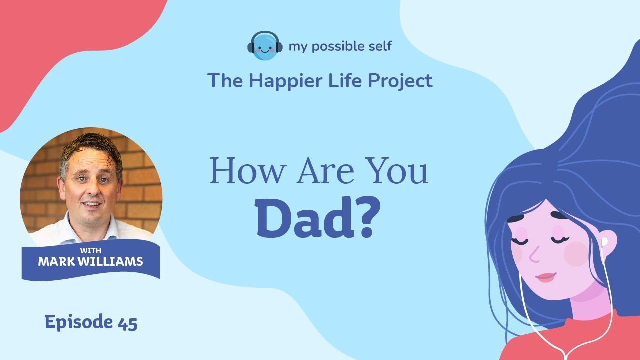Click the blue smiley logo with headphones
coord(264,46)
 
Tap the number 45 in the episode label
coord(128,322)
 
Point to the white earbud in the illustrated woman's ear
coord(604,243)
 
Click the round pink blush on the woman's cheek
coord(576,253)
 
